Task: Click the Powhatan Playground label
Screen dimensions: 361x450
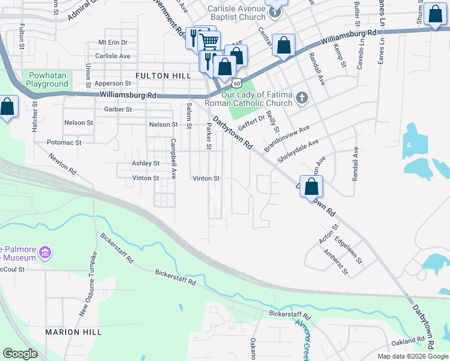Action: (46, 80)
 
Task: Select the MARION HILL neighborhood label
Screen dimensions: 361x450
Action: (70, 332)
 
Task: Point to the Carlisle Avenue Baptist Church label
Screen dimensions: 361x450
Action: (236, 13)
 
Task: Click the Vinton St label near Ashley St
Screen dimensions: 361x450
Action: (146, 178)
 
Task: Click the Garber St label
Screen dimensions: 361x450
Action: (118, 110)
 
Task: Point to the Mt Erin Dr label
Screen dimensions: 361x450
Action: (113, 43)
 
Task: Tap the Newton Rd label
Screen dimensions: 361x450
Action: (63, 163)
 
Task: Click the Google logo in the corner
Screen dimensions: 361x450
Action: (20, 354)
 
